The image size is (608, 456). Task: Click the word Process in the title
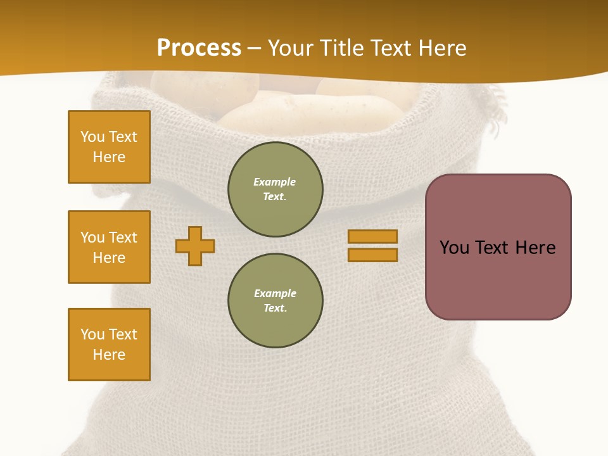coord(199,48)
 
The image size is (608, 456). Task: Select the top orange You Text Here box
coord(109,147)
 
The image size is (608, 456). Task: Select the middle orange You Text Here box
coord(109,247)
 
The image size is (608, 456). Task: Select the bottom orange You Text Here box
coord(109,345)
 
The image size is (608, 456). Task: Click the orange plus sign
coord(195,246)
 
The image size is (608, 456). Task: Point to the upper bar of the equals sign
coord(372,236)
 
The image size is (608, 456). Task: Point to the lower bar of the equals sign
coord(372,255)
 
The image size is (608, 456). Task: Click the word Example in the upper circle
coord(275,182)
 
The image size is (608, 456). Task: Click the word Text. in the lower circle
coord(275,308)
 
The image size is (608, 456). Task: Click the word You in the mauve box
coord(455,248)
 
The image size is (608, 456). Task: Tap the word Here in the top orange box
coord(109,157)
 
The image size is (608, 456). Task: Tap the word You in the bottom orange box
coord(92,334)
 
